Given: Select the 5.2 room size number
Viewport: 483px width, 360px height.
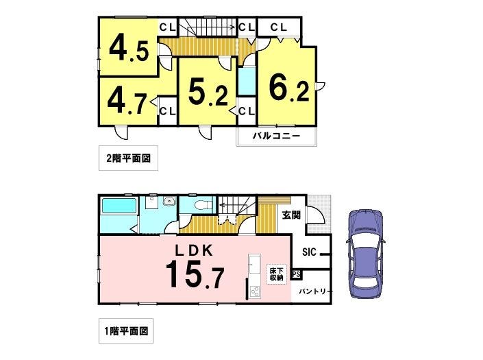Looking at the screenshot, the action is tap(208, 92).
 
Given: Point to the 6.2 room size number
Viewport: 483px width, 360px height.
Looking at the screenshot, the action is tap(289, 88).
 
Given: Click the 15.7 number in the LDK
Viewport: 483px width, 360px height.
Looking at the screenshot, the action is tap(195, 274).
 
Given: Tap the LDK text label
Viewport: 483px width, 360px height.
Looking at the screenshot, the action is tap(194, 251).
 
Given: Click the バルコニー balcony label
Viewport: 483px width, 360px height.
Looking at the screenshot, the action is tap(276, 136).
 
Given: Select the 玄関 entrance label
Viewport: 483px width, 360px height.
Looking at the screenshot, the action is tap(291, 215).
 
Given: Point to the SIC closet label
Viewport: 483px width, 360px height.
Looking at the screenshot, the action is tap(309, 252).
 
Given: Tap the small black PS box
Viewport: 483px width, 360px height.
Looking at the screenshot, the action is tap(297, 274).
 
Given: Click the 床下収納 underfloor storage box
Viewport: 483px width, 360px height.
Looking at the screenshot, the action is tap(276, 274).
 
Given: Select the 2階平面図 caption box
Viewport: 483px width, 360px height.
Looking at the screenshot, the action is tap(128, 158).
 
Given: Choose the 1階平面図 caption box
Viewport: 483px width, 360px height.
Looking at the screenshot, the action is tap(126, 331).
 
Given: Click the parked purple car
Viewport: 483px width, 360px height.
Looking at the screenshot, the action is tap(366, 254).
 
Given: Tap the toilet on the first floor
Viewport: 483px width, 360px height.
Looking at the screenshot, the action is tap(204, 204).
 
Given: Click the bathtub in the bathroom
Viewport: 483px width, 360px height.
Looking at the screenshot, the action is tap(119, 206).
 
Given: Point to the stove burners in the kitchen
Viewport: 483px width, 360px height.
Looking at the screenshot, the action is tap(256, 291).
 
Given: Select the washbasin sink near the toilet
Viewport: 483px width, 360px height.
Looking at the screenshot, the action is tap(169, 202).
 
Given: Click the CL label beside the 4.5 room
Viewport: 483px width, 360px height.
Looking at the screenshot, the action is tap(168, 27).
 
